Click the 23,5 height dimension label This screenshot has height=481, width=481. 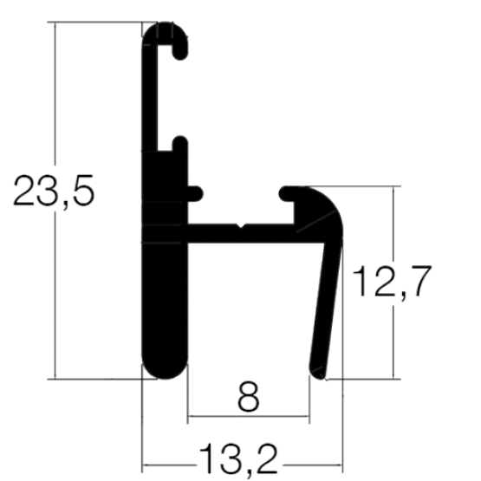(54, 192)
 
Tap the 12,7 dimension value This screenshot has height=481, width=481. (392, 282)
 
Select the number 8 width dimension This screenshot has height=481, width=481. (249, 397)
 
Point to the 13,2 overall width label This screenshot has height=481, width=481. (238, 459)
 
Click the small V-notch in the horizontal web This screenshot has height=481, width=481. (241, 226)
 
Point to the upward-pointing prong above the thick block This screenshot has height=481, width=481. (180, 143)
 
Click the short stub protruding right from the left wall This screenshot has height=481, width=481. (195, 193)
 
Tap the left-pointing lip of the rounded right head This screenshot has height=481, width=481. (287, 194)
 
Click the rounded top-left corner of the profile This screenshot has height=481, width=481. (150, 30)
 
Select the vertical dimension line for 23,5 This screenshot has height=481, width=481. (55, 200)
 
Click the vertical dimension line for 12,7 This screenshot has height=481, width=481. (393, 283)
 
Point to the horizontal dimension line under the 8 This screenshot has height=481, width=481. (249, 416)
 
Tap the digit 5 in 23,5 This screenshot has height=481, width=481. (83, 190)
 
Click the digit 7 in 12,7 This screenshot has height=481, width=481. (421, 281)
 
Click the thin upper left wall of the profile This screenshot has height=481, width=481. (150, 98)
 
